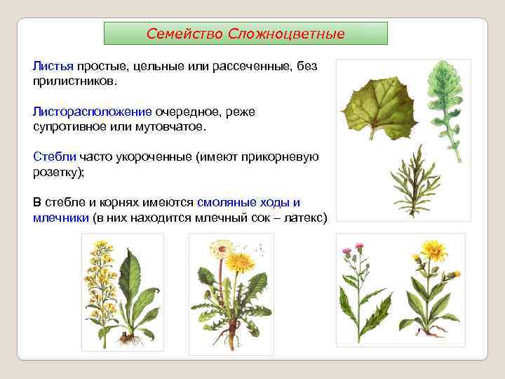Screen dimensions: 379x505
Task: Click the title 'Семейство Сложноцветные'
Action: point(245,34)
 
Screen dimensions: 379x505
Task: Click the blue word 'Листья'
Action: point(53,66)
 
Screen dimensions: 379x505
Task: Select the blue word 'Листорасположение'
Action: point(92,112)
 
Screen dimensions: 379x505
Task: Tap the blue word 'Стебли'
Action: point(55,157)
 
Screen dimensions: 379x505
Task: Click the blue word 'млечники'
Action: point(61,218)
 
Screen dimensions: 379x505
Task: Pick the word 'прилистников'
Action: point(74,81)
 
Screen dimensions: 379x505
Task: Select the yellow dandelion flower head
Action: point(241,262)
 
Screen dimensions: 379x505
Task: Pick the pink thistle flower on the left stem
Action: point(346,251)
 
